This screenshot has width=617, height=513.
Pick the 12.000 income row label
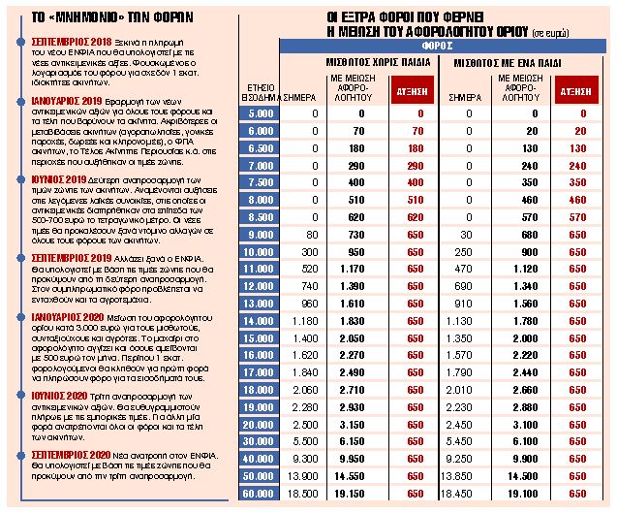point(259,287)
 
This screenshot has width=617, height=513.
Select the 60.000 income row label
point(259,494)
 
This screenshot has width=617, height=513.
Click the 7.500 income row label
point(260,182)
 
